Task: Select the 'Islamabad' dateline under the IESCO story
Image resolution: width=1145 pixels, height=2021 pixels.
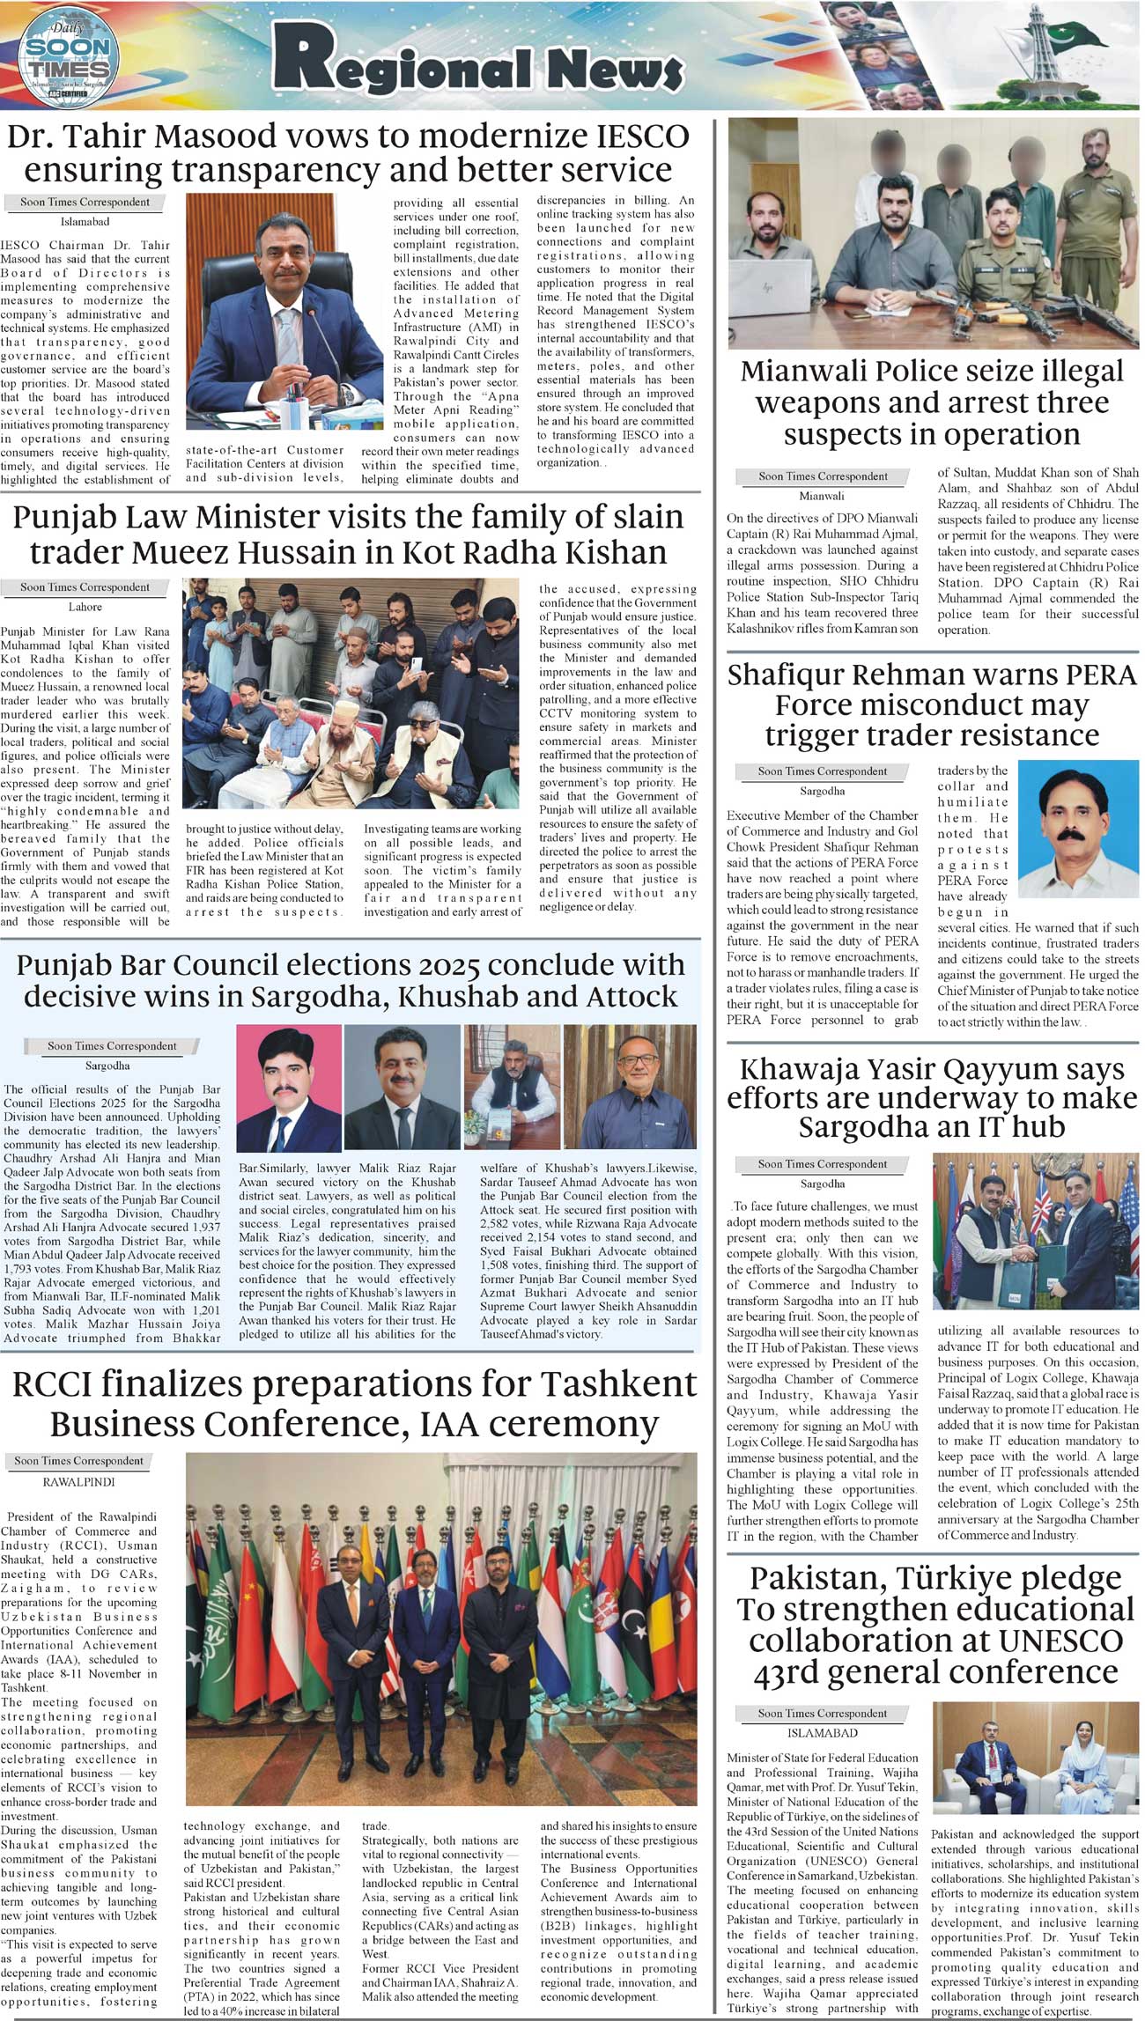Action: [85, 222]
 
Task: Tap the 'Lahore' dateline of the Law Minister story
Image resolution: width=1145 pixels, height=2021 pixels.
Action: [85, 607]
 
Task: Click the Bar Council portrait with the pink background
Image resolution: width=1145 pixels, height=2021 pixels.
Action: [289, 1088]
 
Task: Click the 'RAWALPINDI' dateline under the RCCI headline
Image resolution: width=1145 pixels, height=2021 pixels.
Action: [78, 1482]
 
